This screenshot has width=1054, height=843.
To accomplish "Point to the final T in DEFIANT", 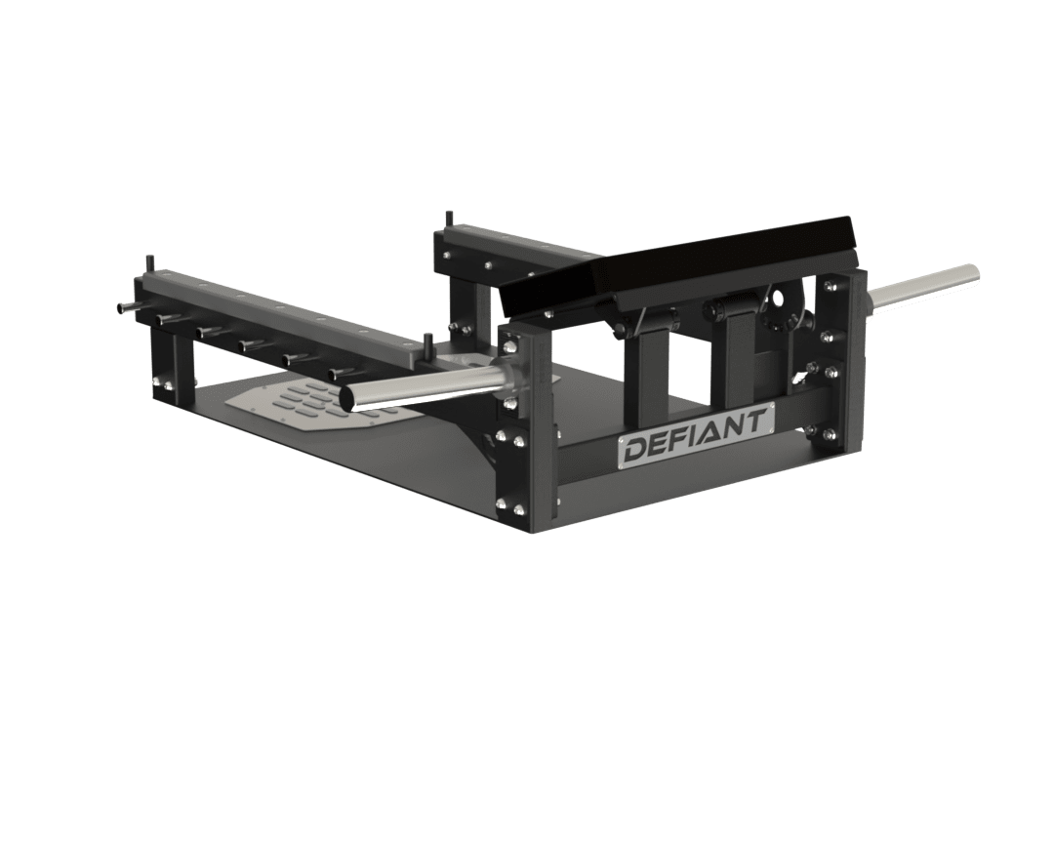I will point(757,421).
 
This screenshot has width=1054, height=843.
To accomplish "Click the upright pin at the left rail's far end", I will point(150,264).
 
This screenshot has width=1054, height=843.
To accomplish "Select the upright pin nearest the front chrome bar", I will point(426,343).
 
